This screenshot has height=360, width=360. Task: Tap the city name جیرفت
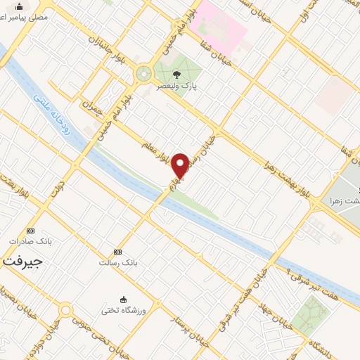pyautogui.click(x=22, y=260)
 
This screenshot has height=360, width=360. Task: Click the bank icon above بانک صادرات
pyautogui.click(x=30, y=231)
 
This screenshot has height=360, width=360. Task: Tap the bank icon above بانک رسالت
pyautogui.click(x=117, y=252)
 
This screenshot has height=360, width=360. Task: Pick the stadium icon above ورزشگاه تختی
pyautogui.click(x=124, y=299)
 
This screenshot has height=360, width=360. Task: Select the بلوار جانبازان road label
pyautogui.click(x=107, y=50)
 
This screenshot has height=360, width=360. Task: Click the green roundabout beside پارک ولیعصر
pyautogui.click(x=144, y=73)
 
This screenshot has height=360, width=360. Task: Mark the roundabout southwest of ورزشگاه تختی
pyautogui.click(x=65, y=309)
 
